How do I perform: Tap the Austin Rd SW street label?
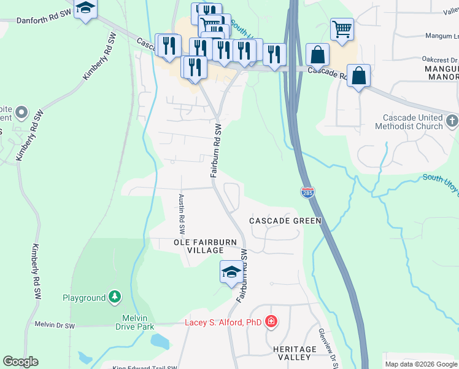point(182,214)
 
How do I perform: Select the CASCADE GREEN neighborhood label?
point(285,220)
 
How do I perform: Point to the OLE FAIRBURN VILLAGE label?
point(205,247)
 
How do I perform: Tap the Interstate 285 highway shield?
point(308,192)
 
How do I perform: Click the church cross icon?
point(452,120)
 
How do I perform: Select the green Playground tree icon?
point(114,298)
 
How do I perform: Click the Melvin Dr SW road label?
point(55,325)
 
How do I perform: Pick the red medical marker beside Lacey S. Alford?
point(271,322)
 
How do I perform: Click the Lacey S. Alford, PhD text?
point(223,322)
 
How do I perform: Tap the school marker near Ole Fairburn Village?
point(231,272)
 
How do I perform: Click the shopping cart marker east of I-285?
point(342,28)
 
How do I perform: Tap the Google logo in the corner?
point(20,362)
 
